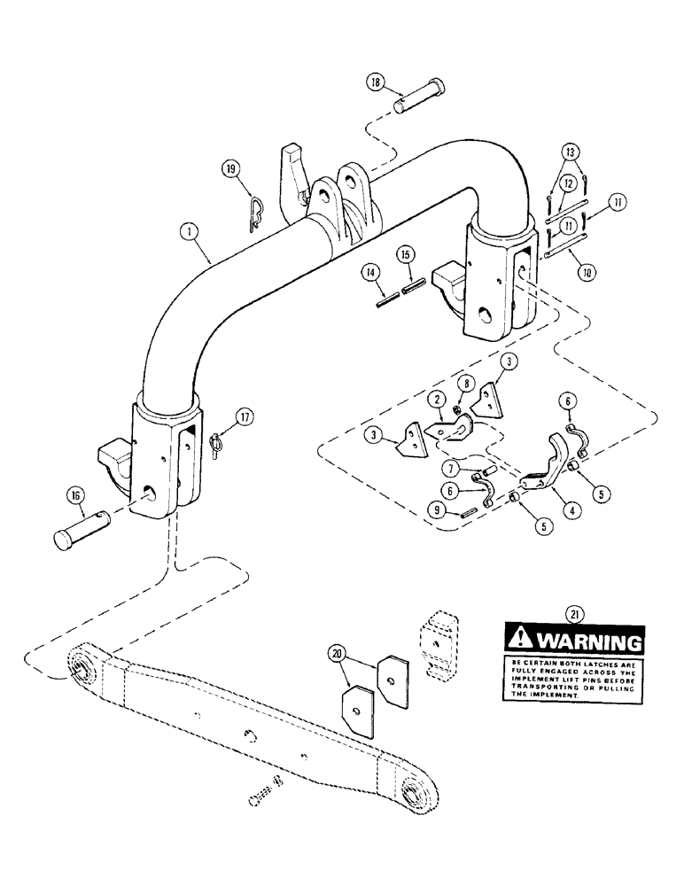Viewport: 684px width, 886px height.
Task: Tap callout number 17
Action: [x=245, y=415]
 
